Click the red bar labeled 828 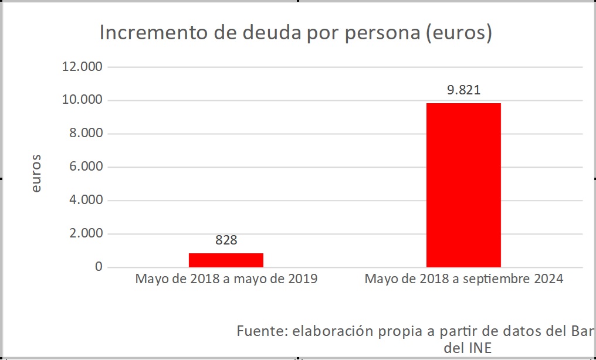pos(226,260)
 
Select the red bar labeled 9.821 pos(463,185)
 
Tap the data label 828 pos(226,240)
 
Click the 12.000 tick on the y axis pos(82,67)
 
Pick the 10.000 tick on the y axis pos(82,100)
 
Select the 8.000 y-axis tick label pos(86,134)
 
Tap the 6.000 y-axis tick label pos(86,167)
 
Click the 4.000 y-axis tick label pos(86,201)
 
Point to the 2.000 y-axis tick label pos(86,234)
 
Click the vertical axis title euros pos(36,174)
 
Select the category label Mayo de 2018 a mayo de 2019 pos(226,279)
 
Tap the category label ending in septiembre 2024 pos(463,279)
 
